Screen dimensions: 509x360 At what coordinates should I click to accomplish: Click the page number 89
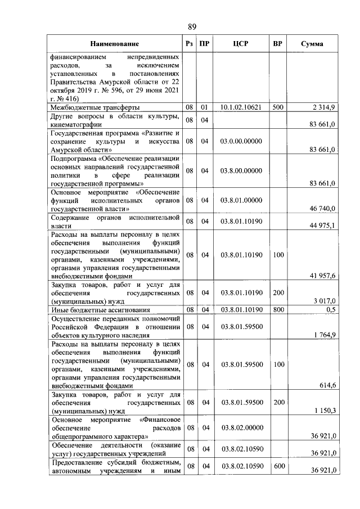[x=192, y=26]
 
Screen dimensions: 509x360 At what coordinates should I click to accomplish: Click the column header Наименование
[x=114, y=44]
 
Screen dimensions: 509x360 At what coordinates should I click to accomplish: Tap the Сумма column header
[x=312, y=44]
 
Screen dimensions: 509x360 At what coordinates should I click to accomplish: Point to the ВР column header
[x=277, y=44]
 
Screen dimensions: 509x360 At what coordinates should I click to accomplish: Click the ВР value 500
[x=277, y=106]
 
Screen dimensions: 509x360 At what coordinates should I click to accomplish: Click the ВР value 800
[x=277, y=309]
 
